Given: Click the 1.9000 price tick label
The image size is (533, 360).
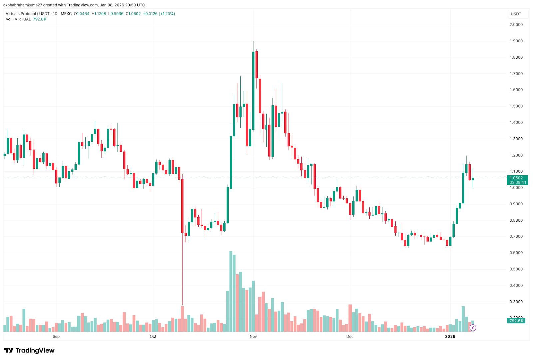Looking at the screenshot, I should point(516,41).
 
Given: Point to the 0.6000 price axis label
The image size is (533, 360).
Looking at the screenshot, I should point(516,253).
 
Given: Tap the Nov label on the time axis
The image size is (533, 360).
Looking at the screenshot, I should point(253,336).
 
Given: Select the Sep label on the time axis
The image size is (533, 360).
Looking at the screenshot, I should point(56,336).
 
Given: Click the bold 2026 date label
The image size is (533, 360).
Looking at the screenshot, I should point(450,336).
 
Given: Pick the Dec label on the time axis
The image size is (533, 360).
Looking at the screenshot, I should point(350,336).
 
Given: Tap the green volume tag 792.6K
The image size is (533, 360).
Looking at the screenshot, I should point(516,321).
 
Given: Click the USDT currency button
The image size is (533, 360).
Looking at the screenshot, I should point(516,14).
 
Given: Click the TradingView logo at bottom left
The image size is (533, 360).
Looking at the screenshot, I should point(29,350).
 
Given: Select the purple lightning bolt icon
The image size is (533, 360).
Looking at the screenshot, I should point(473,328).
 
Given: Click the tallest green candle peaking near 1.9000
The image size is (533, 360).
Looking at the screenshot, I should point(253,90).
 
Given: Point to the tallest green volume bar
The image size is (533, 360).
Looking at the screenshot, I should point(231,290).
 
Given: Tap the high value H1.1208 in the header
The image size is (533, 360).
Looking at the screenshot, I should point(99,14).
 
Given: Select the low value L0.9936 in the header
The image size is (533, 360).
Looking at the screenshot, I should point(116,14).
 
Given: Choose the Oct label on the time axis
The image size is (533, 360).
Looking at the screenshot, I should point(153,336).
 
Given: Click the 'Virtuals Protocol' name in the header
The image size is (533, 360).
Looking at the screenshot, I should point(21,14).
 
